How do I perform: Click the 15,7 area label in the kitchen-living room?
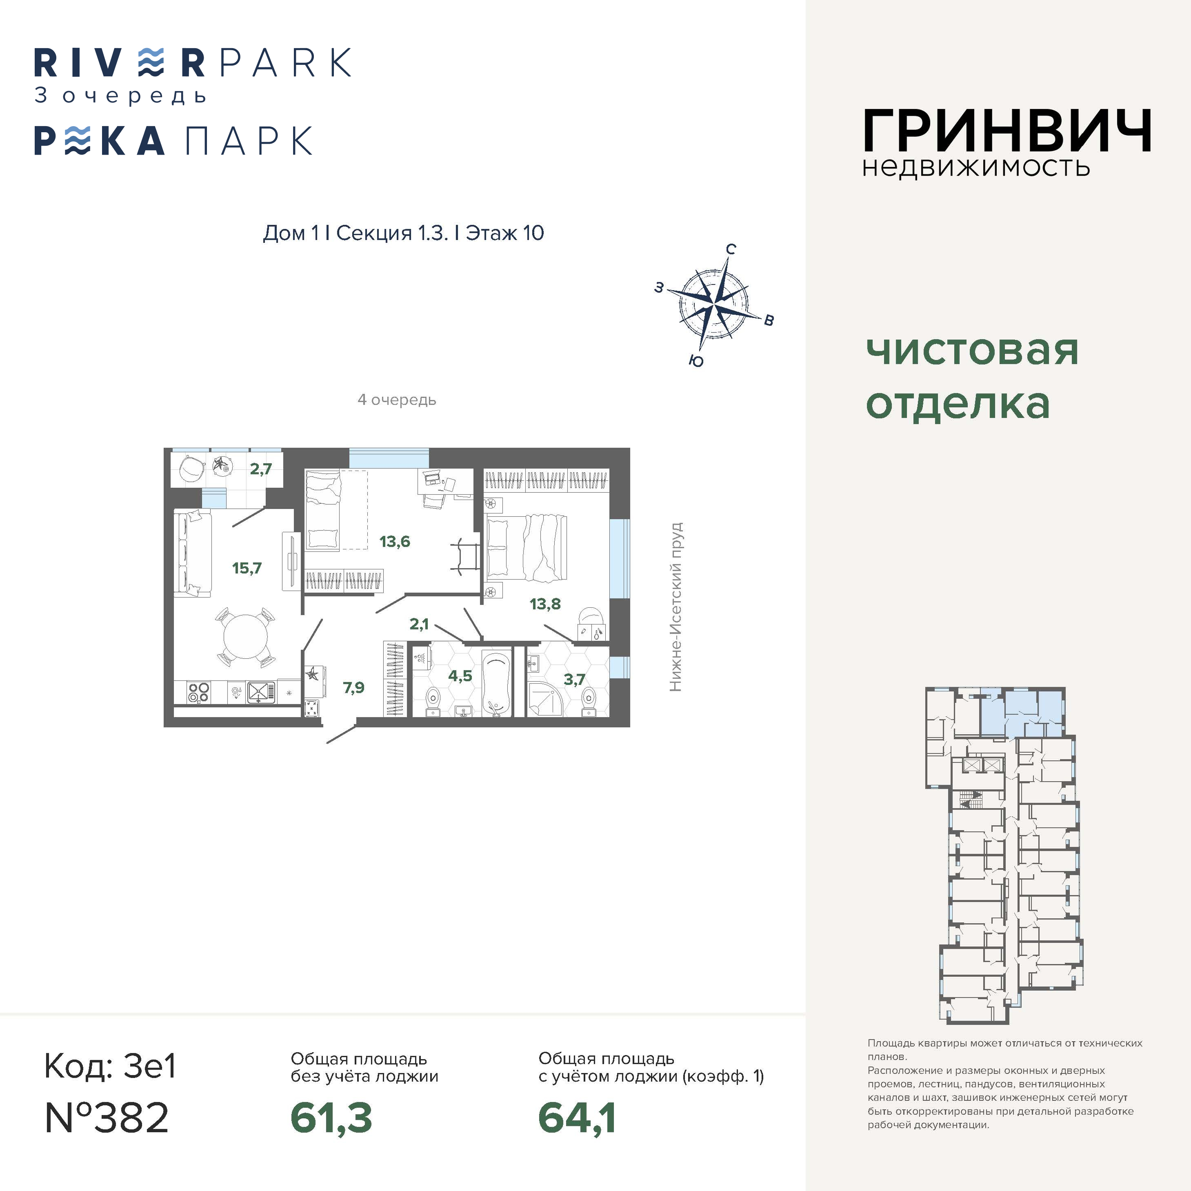pyautogui.click(x=247, y=568)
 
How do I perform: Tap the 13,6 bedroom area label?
pyautogui.click(x=395, y=541)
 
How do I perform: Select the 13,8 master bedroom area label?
pyautogui.click(x=545, y=604)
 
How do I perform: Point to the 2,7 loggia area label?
pyautogui.click(x=261, y=469)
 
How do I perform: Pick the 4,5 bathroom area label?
pyautogui.click(x=460, y=675)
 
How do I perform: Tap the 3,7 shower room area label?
pyautogui.click(x=574, y=679)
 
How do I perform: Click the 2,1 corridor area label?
pyautogui.click(x=419, y=624)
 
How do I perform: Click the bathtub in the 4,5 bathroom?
pyautogui.click(x=496, y=682)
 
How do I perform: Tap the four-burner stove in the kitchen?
pyautogui.click(x=198, y=692)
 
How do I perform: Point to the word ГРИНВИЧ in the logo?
pyautogui.click(x=1007, y=131)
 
